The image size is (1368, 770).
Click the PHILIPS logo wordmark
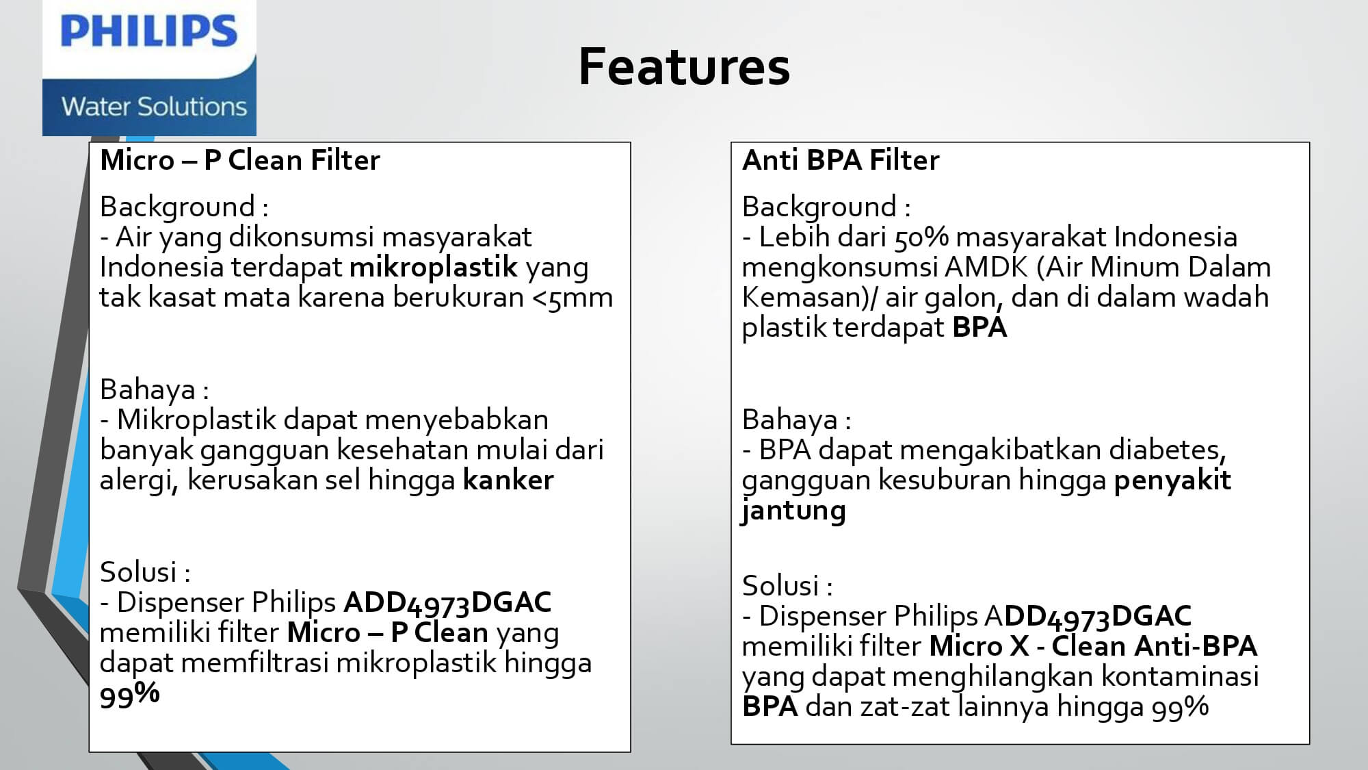[149, 31]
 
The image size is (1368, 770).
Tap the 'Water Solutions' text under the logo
[154, 107]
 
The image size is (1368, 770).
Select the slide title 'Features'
[684, 66]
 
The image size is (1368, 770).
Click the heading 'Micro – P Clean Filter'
[240, 160]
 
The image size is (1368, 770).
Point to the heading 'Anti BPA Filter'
[841, 160]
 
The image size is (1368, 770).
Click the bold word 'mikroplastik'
[434, 267]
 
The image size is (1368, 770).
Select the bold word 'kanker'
[508, 480]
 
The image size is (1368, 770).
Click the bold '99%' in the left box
[130, 695]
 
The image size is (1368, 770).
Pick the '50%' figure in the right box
[921, 238]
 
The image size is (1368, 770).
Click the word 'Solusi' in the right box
[780, 586]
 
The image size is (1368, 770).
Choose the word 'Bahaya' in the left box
[148, 390]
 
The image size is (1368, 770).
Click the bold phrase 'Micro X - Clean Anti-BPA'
[1093, 646]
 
